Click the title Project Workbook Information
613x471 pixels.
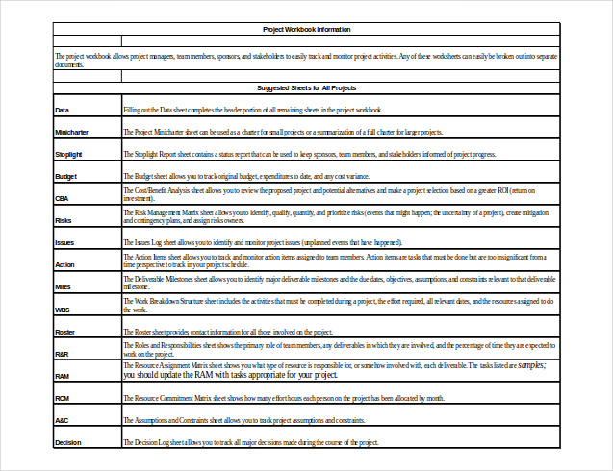[x=307, y=30]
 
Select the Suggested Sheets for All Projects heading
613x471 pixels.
[x=307, y=87]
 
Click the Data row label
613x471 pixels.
[x=63, y=111]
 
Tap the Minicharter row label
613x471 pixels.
[x=73, y=132]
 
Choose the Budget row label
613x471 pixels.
[x=66, y=177]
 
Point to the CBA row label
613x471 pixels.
[x=63, y=198]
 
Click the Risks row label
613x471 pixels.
[x=64, y=220]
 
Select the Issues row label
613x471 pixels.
[x=65, y=242]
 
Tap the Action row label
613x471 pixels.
[x=65, y=264]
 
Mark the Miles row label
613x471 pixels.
[x=64, y=286]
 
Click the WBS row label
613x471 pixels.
[x=63, y=310]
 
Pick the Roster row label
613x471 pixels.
[x=65, y=332]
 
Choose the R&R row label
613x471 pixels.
[x=63, y=354]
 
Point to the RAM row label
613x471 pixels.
[x=63, y=376]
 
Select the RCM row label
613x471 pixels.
[x=63, y=398]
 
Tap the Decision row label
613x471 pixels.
[x=68, y=442]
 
